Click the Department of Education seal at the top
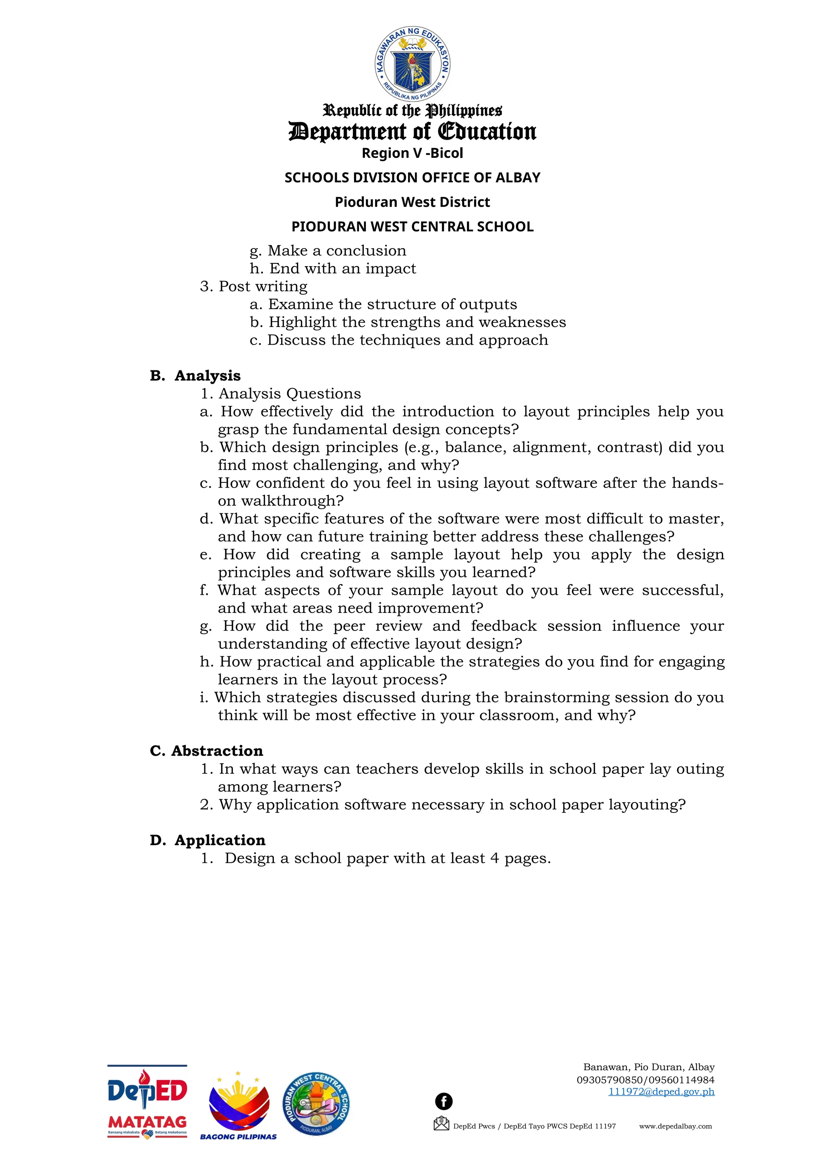[x=412, y=64]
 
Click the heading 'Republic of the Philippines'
[x=412, y=110]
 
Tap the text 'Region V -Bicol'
[x=412, y=153]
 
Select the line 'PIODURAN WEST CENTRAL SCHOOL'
[x=412, y=227]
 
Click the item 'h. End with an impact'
[x=333, y=268]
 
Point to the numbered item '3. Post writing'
[x=253, y=286]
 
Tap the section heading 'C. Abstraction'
[x=206, y=750]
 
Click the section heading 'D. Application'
[x=208, y=840]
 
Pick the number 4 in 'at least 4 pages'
[x=494, y=858]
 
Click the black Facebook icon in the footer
[x=444, y=1101]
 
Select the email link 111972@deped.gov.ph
[x=661, y=1092]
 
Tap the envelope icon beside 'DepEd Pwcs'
[x=441, y=1123]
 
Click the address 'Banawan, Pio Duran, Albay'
[x=648, y=1067]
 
